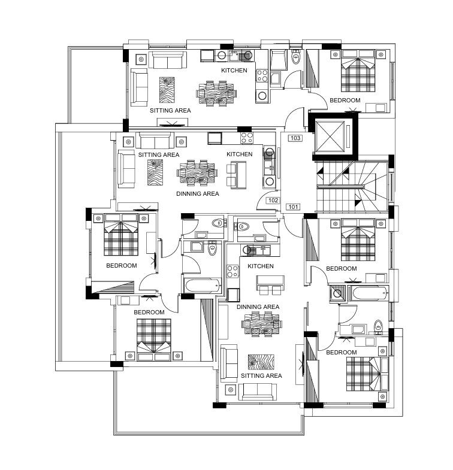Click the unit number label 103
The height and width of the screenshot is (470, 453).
[x=295, y=138]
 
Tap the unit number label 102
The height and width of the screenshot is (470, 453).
[x=273, y=200]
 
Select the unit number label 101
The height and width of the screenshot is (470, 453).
[x=293, y=207]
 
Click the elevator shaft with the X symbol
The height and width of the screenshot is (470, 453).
[x=330, y=137]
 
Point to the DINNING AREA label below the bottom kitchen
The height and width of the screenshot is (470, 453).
[x=258, y=307]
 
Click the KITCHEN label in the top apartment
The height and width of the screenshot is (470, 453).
[x=234, y=71]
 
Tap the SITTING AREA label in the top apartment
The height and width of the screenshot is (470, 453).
[x=170, y=111]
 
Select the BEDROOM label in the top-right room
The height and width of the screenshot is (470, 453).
[x=345, y=101]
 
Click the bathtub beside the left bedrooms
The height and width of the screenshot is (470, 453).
[x=203, y=286]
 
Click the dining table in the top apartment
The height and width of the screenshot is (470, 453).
[x=216, y=93]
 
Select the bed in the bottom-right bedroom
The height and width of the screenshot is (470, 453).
[x=367, y=374]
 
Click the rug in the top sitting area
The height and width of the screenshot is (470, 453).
[x=167, y=90]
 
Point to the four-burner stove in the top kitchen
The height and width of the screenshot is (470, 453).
[x=262, y=75]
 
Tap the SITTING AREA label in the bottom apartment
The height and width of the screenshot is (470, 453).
[x=261, y=376]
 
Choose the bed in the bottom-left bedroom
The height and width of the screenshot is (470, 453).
[x=154, y=339]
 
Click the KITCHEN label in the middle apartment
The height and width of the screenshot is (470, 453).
[x=240, y=154]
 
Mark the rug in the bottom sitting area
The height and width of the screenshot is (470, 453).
[x=261, y=362]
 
